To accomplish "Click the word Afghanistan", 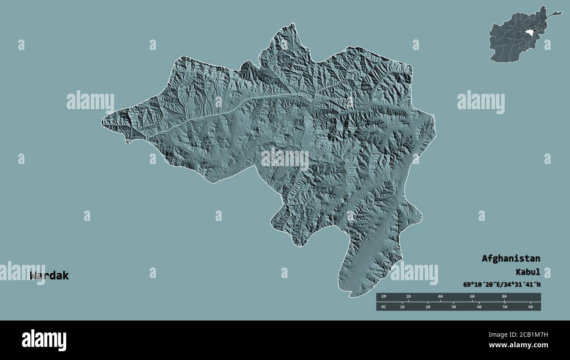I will tap(511, 258).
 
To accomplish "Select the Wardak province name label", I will tap(49, 276).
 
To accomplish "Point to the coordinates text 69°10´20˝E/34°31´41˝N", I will tap(502, 285).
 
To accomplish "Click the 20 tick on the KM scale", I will tap(409, 297).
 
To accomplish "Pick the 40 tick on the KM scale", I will tap(440, 297).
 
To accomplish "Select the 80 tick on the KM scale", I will tap(504, 297).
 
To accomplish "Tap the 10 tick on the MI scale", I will tap(402, 307).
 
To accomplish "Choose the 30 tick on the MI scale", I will tap(453, 307).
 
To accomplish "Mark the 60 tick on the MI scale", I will tap(531, 307).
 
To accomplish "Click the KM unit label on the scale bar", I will tap(384, 297).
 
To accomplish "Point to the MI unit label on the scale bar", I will tap(384, 307).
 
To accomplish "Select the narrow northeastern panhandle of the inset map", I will tap(555, 14).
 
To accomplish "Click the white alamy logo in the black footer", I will tap(44, 340).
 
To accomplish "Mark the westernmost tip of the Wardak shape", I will tap(102, 120).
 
